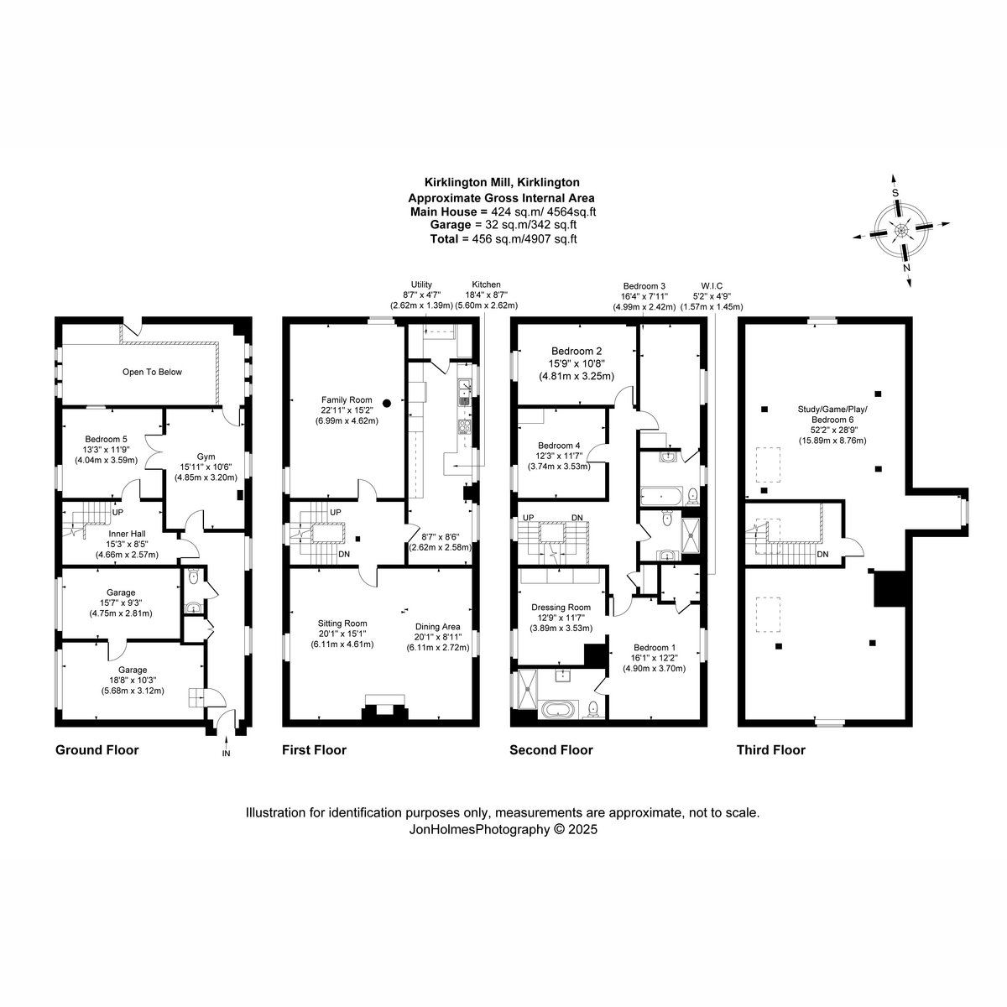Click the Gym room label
coord(206,457)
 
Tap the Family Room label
coord(346,399)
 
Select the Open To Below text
coord(152,372)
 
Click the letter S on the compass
coord(895,193)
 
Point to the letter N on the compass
coord(907,268)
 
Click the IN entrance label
coord(227,753)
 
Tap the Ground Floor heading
coord(97,750)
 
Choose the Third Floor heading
coord(771,750)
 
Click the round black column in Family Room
coord(387,403)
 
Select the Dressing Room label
coord(561,608)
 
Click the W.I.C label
coord(712,286)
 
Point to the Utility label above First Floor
coord(421,284)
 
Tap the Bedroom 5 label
coord(106,440)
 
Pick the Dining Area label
coord(438,627)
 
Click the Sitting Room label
coord(342,624)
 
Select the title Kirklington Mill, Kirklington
coord(502,182)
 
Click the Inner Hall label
coord(127,534)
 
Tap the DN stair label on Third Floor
coord(822,555)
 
